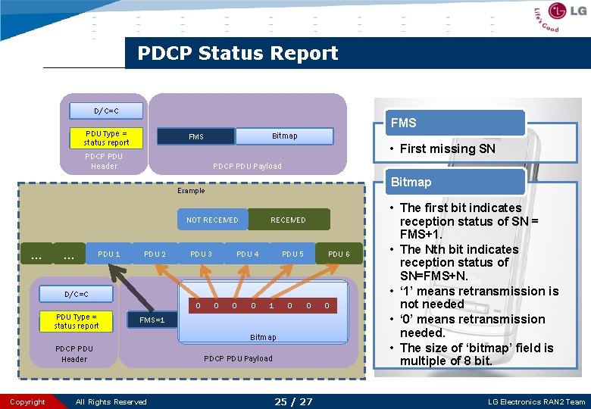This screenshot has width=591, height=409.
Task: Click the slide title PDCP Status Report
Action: click(237, 53)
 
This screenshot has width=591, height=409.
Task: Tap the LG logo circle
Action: click(557, 12)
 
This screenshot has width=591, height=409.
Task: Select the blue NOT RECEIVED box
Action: click(212, 220)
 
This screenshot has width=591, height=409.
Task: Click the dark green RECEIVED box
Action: click(289, 220)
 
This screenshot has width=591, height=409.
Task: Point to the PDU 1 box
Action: click(109, 254)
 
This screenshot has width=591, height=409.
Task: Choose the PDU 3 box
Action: click(201, 254)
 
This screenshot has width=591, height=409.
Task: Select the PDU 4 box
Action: click(247, 254)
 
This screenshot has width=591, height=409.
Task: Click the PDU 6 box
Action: click(339, 254)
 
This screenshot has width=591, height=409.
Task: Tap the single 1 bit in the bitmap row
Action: click(271, 306)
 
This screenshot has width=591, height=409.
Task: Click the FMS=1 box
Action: click(152, 320)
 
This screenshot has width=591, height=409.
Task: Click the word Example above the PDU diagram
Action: click(191, 191)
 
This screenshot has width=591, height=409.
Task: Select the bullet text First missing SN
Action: click(447, 148)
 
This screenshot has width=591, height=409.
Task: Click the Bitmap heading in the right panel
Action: click(411, 182)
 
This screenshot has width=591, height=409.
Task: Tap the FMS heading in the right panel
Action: click(403, 123)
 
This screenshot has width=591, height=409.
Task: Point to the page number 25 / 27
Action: click(293, 401)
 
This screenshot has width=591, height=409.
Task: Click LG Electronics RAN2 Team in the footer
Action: click(536, 401)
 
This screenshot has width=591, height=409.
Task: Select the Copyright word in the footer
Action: click(28, 401)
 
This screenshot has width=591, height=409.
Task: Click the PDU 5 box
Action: click(293, 254)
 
